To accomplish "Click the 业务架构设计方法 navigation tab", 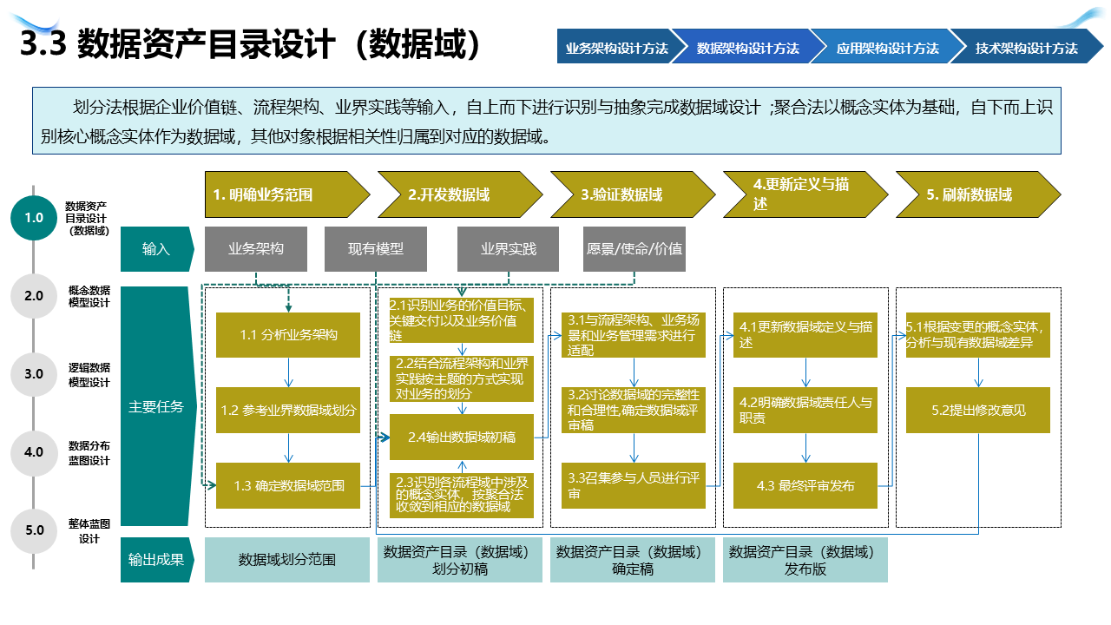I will (x=616, y=48).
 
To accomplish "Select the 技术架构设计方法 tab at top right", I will (x=1026, y=48).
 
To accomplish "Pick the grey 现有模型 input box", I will (x=376, y=249).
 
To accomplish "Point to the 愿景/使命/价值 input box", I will (x=634, y=249).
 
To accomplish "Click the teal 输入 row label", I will (x=156, y=249).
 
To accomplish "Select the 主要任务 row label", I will (x=156, y=406).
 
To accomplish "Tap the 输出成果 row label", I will (x=156, y=560).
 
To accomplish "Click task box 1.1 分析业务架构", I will (x=288, y=335).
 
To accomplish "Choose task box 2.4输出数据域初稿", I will (x=462, y=437).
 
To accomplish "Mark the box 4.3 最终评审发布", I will (x=805, y=486).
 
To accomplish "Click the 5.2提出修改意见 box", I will (x=978, y=410).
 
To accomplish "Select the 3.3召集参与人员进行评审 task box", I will (x=634, y=486).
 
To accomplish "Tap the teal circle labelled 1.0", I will (x=33, y=217).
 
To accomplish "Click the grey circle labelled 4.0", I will (x=33, y=452).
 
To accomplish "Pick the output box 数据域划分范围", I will (x=287, y=560).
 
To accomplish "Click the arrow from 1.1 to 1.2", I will (x=288, y=372).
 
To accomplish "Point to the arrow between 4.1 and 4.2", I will (x=805, y=372).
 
